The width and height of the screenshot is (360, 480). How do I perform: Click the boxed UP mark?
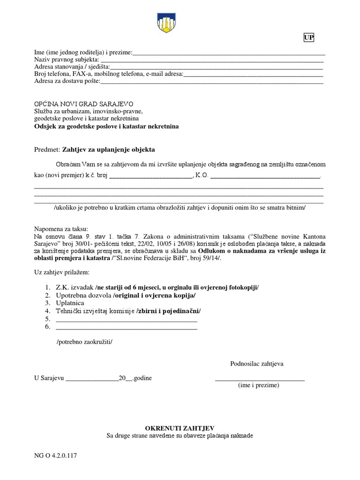pyautogui.click(x=308, y=38)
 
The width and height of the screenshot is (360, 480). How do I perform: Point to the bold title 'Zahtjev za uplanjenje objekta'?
pyautogui.click(x=108, y=150)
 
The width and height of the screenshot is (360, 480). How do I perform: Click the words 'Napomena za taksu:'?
pyautogui.click(x=58, y=229)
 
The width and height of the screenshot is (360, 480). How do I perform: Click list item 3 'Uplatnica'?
pyautogui.click(x=70, y=303)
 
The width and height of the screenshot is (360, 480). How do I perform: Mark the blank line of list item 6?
pyautogui.click(x=126, y=329)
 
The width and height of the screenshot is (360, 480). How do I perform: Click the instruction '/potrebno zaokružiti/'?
pyautogui.click(x=84, y=342)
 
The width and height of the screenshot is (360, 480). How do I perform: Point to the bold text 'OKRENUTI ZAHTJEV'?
pyautogui.click(x=180, y=428)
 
